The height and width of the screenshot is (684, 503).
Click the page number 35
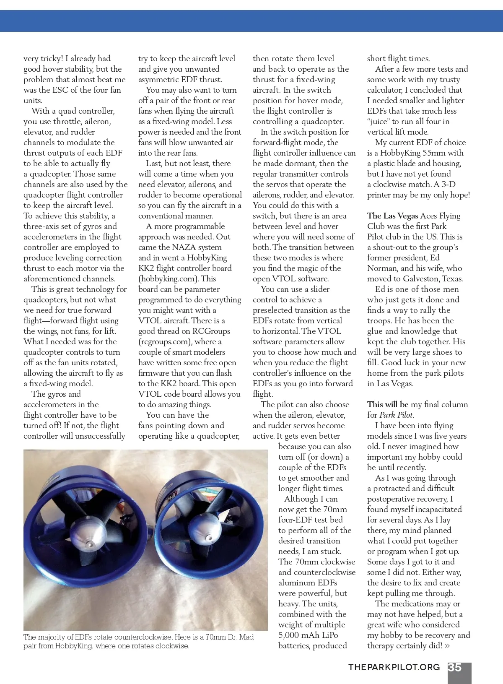pyautogui.click(x=455, y=667)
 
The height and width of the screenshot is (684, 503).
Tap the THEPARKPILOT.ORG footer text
pyautogui.click(x=394, y=667)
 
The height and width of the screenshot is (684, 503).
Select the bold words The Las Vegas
pyautogui.click(x=392, y=216)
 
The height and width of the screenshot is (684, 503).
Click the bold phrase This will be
pyautogui.click(x=388, y=405)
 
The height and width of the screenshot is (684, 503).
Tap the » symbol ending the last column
pyautogui.click(x=447, y=646)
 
